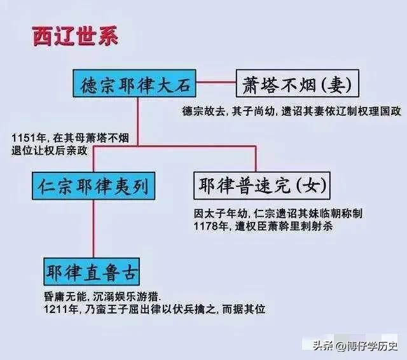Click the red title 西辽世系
pos(75,36)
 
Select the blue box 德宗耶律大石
pos(134,83)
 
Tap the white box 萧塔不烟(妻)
pos(298,83)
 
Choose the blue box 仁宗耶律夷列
pos(93,186)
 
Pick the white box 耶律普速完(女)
pos(262,186)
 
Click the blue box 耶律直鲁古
pos(92,272)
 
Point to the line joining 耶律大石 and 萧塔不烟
pos(216,83)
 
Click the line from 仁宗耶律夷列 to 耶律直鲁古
pos(93,229)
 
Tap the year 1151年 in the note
pos(29,137)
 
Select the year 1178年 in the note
pos(210,226)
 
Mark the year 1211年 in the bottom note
pos(61,309)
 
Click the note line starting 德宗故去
pos(291,111)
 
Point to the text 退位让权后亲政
pos(50,151)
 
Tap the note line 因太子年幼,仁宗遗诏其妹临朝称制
pos(278,214)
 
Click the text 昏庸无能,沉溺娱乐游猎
pos(102,296)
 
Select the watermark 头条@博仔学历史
pos(355,345)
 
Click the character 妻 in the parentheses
pos(337,85)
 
